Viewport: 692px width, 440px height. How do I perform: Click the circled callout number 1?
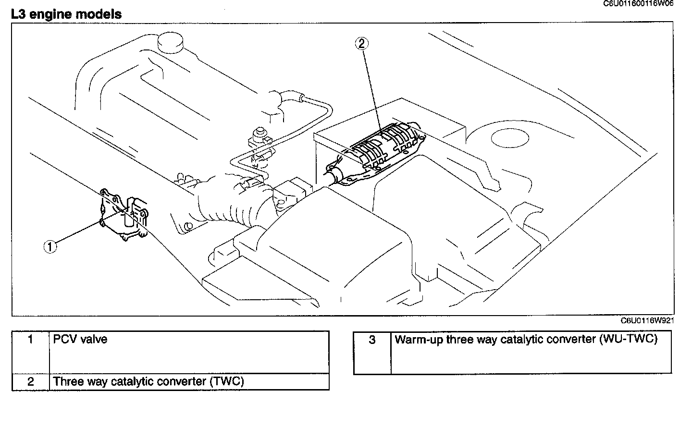pos(50,247)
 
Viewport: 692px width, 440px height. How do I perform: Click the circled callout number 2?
pos(361,44)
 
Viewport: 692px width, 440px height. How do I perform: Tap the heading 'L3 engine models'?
pos(66,14)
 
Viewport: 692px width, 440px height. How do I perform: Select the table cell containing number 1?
pos(31,340)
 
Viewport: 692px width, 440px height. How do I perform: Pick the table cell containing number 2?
pos(31,382)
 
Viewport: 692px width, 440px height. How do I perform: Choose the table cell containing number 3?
pos(372,340)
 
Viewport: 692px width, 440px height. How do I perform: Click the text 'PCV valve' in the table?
pos(80,340)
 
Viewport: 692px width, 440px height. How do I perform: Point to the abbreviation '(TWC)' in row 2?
pos(227,382)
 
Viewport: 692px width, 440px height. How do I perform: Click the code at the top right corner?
pos(639,3)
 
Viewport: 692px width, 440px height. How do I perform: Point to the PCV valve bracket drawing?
pos(124,215)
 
